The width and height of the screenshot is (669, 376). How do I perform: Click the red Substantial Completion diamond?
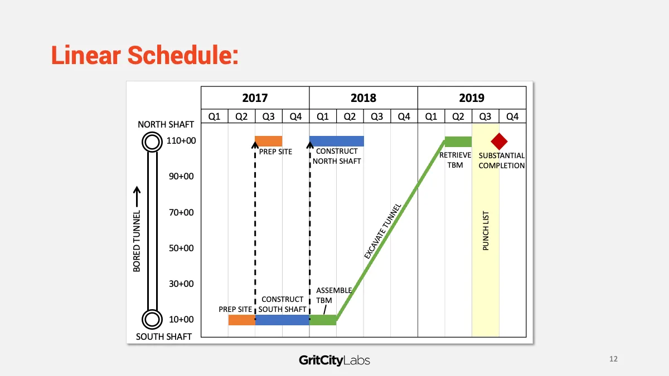tap(499, 141)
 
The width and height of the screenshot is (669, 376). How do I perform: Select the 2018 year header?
tap(363, 98)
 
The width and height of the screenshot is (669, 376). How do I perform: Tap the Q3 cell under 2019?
tap(486, 116)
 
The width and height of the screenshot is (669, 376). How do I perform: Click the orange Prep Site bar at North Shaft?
tap(269, 141)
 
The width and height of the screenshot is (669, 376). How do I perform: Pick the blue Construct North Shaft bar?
tap(337, 141)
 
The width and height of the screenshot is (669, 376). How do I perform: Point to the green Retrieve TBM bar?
tap(458, 141)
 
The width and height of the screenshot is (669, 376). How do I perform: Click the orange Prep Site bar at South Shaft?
tap(241, 320)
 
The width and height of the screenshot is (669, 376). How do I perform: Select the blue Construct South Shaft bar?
tap(282, 320)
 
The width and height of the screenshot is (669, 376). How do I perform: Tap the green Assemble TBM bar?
tap(323, 320)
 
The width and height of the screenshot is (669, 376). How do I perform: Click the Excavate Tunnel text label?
tap(382, 231)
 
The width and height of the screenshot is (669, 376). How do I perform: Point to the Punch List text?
tap(486, 231)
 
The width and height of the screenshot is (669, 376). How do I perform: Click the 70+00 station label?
tap(181, 212)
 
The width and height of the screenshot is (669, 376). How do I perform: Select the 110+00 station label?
tap(181, 140)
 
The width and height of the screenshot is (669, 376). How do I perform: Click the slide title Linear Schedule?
tap(145, 55)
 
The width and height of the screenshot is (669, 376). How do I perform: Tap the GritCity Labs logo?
tap(334, 360)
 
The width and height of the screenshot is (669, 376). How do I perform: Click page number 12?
tap(613, 359)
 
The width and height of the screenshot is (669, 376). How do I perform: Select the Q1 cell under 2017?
tap(215, 116)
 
